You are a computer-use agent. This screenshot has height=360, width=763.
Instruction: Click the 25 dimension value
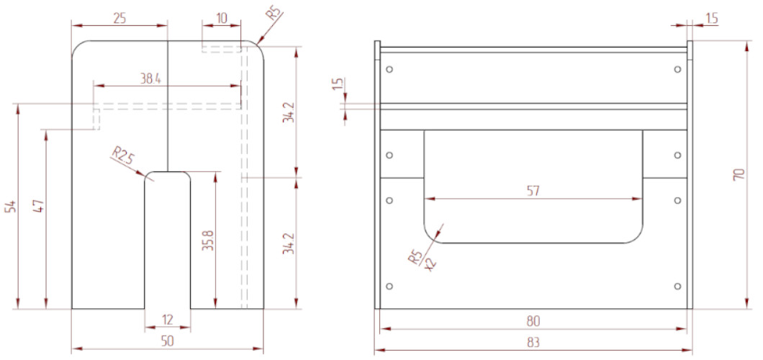[119, 18]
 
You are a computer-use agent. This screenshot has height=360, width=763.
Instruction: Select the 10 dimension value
[222, 18]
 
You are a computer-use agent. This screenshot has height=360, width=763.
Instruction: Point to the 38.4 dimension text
[151, 79]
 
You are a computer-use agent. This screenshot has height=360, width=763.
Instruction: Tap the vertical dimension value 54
[12, 206]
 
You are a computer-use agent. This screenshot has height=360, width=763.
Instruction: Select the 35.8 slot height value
[207, 240]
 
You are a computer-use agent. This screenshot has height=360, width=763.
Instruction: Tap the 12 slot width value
[168, 320]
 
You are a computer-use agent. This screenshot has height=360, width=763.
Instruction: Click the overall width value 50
[168, 341]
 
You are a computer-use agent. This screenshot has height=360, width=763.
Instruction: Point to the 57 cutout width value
[533, 192]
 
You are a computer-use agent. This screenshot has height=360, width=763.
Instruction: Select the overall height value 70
[739, 175]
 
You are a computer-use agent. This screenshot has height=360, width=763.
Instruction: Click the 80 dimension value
[533, 321]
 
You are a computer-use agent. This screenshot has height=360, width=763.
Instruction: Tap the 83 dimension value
[533, 343]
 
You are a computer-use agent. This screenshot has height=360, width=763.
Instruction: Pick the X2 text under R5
[430, 264]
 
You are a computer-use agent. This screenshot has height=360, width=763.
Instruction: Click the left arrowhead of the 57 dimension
[429, 199]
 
